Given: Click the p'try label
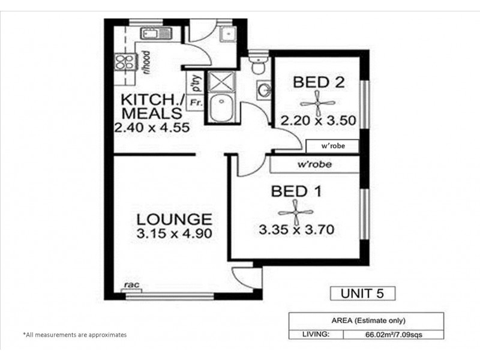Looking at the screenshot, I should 195,81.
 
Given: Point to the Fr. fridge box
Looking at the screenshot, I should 195,103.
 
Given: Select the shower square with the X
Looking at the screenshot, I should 223,81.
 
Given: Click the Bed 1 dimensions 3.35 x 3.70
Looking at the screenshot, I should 296,229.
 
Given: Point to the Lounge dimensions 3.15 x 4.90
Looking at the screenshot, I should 173,234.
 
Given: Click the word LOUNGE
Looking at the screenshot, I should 173,219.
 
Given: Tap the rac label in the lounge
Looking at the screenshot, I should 128,285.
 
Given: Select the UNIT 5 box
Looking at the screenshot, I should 363,293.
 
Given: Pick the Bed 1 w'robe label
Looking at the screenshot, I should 314,164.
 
